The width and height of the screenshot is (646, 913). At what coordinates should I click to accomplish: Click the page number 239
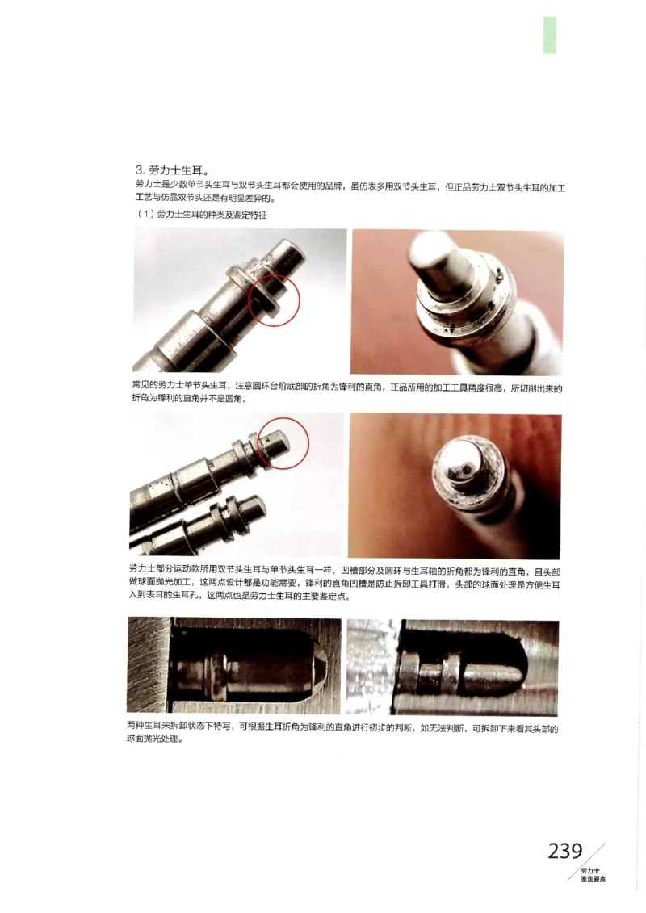click(x=564, y=851)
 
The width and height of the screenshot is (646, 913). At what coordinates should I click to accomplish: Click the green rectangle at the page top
click(x=549, y=35)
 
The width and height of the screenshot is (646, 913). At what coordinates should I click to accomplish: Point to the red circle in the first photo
click(x=275, y=299)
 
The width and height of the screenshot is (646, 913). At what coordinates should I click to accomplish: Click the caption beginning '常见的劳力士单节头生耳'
click(x=346, y=393)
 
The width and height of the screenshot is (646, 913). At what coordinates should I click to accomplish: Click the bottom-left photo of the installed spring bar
click(x=234, y=665)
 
